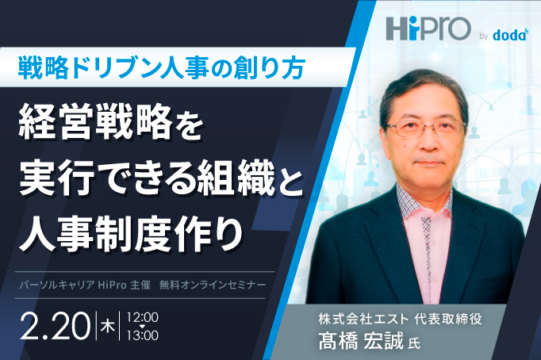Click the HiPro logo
424,28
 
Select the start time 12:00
143,316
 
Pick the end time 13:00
143,335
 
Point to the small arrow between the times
143,326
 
